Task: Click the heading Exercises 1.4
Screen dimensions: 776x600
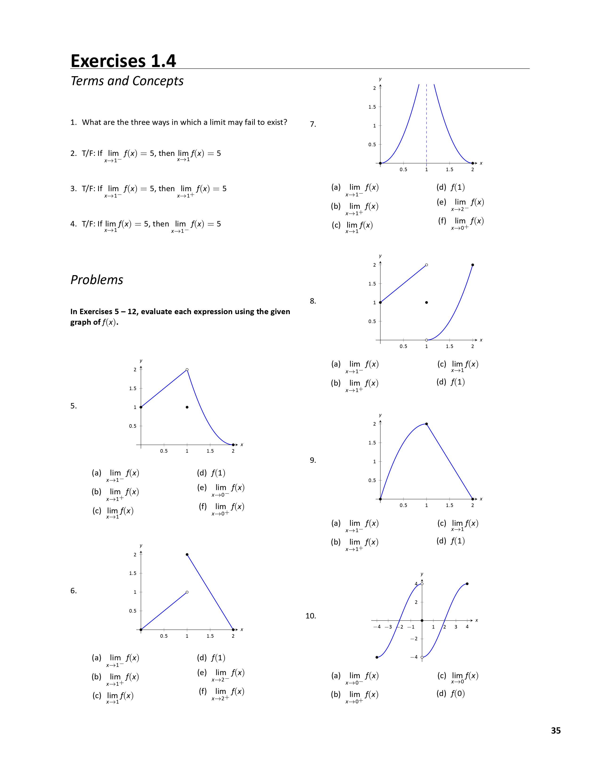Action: tap(123, 61)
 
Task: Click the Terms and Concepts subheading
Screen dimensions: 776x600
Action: tap(127, 81)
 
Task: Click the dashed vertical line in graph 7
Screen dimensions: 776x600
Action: tap(427, 135)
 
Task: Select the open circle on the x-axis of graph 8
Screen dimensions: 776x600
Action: tap(427, 340)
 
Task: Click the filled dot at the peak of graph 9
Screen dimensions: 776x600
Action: tap(427, 424)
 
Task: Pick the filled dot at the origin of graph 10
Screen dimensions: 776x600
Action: tap(422, 620)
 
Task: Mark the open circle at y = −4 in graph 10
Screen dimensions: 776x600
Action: tap(422, 657)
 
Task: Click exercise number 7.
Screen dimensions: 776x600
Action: tap(313, 124)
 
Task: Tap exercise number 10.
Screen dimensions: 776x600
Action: tap(311, 616)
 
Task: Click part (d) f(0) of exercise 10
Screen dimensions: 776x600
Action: tap(451, 693)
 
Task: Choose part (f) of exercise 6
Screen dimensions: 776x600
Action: tap(221, 692)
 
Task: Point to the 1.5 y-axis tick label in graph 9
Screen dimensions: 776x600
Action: tap(372, 443)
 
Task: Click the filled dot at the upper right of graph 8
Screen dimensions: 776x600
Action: tap(472, 265)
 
